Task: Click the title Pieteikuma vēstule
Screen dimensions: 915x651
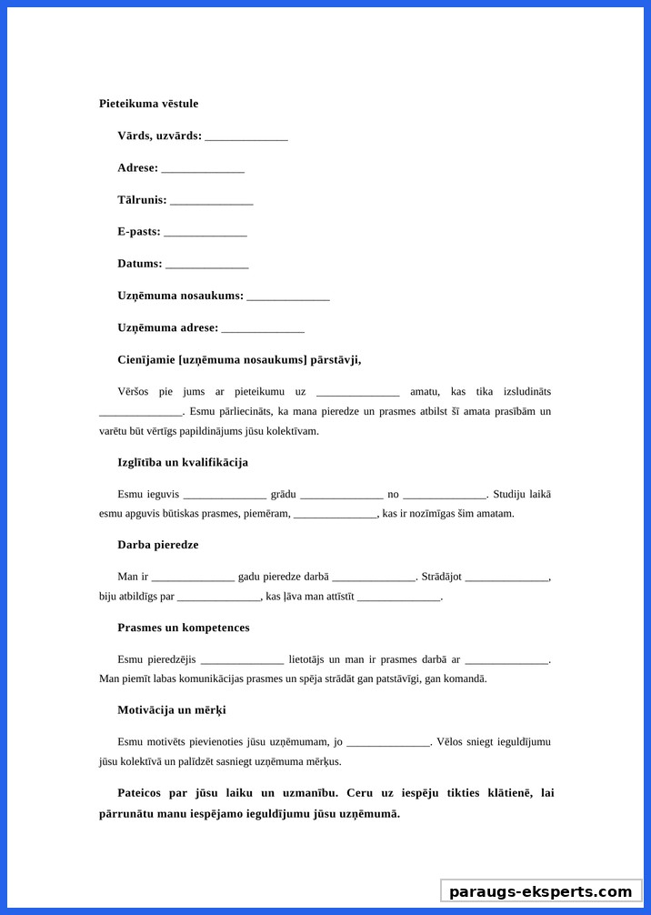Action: coord(148,104)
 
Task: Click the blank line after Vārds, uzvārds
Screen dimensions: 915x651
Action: coord(246,137)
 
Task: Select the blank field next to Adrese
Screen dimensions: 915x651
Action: coord(203,169)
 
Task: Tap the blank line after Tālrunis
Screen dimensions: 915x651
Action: coord(211,201)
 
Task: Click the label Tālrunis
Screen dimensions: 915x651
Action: coord(142,200)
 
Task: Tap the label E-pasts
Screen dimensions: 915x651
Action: coord(138,232)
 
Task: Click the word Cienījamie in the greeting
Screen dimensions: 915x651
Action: coord(146,359)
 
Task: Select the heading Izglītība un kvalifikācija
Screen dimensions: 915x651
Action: coord(183,462)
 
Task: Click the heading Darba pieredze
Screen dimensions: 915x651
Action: coord(157,545)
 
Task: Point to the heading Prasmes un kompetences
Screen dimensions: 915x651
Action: coord(183,628)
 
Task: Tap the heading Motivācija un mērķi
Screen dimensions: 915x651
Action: coord(171,709)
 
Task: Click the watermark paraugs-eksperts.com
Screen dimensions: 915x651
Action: coord(540,891)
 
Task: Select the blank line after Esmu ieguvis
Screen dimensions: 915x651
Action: coord(225,496)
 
